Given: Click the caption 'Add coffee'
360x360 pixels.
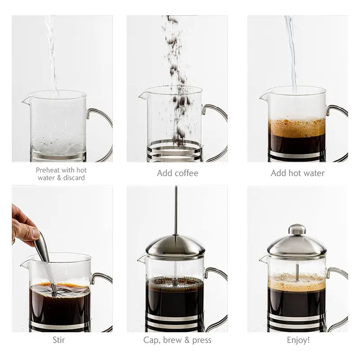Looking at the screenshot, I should (x=177, y=173).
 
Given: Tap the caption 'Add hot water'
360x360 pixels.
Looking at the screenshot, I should (x=297, y=173).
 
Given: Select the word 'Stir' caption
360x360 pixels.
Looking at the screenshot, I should (x=58, y=340).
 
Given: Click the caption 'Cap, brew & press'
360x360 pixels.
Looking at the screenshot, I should (x=177, y=340).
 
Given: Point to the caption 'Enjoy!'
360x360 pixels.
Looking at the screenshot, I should (x=297, y=340).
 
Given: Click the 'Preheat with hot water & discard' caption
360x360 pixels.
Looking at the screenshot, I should (x=61, y=174).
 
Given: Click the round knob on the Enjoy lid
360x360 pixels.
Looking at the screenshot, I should (x=297, y=229).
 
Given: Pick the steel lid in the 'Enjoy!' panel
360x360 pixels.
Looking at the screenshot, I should (x=297, y=247).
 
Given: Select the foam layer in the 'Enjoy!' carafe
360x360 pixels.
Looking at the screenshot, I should (x=297, y=283).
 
